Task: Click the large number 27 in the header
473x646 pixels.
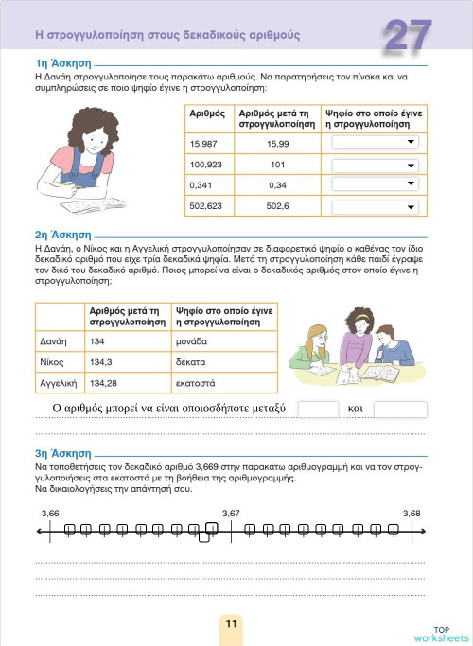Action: click(x=409, y=36)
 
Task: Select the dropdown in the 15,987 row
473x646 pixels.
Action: click(x=374, y=143)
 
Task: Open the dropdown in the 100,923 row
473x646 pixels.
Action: click(x=374, y=164)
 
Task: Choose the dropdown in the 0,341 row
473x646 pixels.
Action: click(x=374, y=184)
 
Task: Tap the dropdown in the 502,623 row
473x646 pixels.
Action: click(x=374, y=206)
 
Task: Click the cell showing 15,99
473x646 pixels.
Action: click(x=277, y=143)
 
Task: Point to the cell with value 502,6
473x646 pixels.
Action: click(x=277, y=206)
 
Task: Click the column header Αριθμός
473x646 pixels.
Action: click(x=207, y=113)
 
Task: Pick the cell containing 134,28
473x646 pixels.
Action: click(x=106, y=383)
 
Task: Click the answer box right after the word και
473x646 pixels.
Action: click(x=400, y=410)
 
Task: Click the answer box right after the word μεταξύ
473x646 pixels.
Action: click(x=318, y=410)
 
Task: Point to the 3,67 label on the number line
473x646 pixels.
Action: click(x=231, y=513)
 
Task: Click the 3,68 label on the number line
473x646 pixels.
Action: click(x=411, y=513)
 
